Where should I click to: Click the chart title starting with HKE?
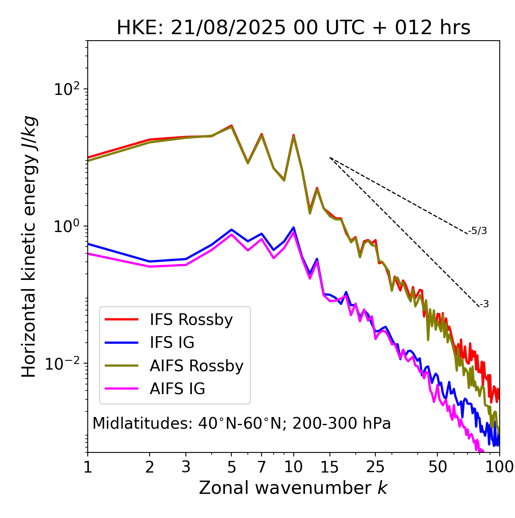tap(293, 28)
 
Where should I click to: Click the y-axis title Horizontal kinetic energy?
tap(29, 247)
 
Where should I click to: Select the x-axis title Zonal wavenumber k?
tap(293, 488)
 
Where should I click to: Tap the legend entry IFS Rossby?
tap(191, 320)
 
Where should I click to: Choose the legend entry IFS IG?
tap(172, 343)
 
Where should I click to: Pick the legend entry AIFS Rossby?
tap(196, 366)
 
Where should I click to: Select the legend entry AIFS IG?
tap(177, 389)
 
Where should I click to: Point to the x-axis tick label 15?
tap(330, 467)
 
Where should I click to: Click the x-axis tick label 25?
tap(375, 467)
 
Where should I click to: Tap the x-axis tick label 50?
tap(437, 467)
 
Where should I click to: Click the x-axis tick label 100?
tap(499, 467)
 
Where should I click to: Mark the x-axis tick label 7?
tap(262, 467)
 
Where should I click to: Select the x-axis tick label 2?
tap(150, 467)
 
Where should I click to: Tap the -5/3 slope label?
tap(478, 231)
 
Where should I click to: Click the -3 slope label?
tap(484, 304)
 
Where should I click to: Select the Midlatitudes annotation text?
tap(241, 423)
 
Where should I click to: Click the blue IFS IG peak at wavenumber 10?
tap(293, 228)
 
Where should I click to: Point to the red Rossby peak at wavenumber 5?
tap(231, 125)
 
